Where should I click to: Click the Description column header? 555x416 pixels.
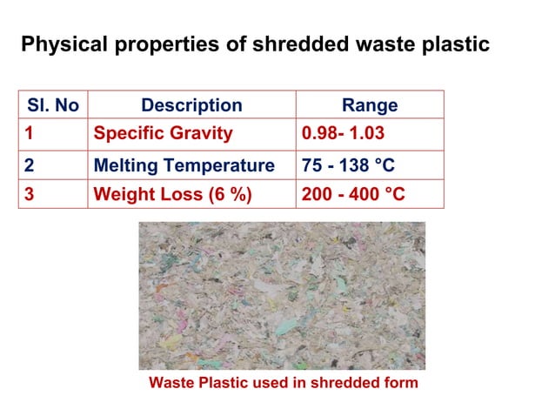click(x=191, y=105)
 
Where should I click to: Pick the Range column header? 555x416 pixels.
click(x=370, y=105)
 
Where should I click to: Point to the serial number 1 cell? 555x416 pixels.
click(x=29, y=134)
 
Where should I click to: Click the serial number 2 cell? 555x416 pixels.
click(x=29, y=165)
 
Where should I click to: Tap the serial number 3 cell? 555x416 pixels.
click(x=29, y=194)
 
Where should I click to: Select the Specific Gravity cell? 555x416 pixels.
click(x=163, y=134)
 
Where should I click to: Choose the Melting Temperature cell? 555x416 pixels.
click(x=184, y=165)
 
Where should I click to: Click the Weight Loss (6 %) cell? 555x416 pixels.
click(x=172, y=194)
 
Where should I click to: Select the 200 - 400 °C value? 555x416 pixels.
click(x=352, y=194)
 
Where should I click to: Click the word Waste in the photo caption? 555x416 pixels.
click(x=170, y=382)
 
